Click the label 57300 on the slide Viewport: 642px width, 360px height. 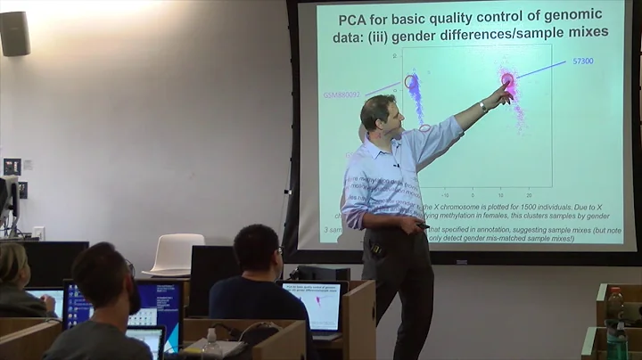pyautogui.click(x=583, y=61)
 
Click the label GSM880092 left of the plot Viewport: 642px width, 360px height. pyautogui.click(x=342, y=93)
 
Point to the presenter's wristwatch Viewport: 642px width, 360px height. pyautogui.click(x=482, y=106)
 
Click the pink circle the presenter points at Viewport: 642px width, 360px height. pyautogui.click(x=507, y=81)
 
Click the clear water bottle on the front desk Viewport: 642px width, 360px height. pyautogui.click(x=211, y=343)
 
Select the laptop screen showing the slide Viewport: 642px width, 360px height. pyautogui.click(x=311, y=304)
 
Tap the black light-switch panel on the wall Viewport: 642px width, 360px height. pyautogui.click(x=12, y=167)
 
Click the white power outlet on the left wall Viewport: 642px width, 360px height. pyautogui.click(x=37, y=233)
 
